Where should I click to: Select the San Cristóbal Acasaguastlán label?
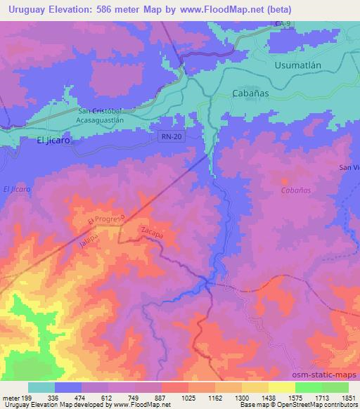pyautogui.click(x=110, y=115)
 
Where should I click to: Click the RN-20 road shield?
pyautogui.click(x=172, y=138)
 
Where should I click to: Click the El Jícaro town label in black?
pyautogui.click(x=54, y=140)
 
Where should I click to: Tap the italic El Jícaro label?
pyautogui.click(x=18, y=189)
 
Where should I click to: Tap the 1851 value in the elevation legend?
pyautogui.click(x=348, y=397)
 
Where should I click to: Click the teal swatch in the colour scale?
pyautogui.click(x=41, y=387)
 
